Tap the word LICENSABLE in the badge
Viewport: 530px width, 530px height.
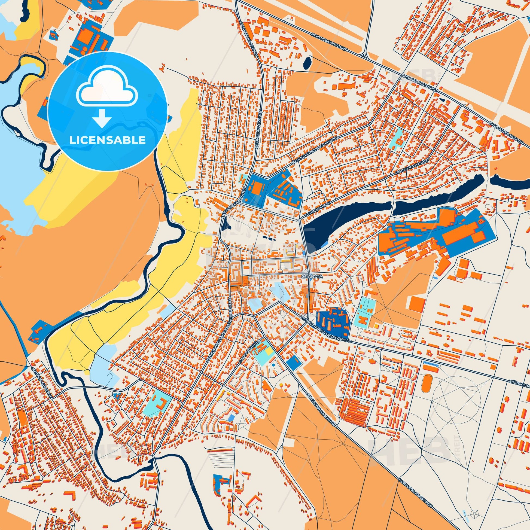coord(107,140)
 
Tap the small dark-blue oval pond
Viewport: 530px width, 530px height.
coord(307,63)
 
